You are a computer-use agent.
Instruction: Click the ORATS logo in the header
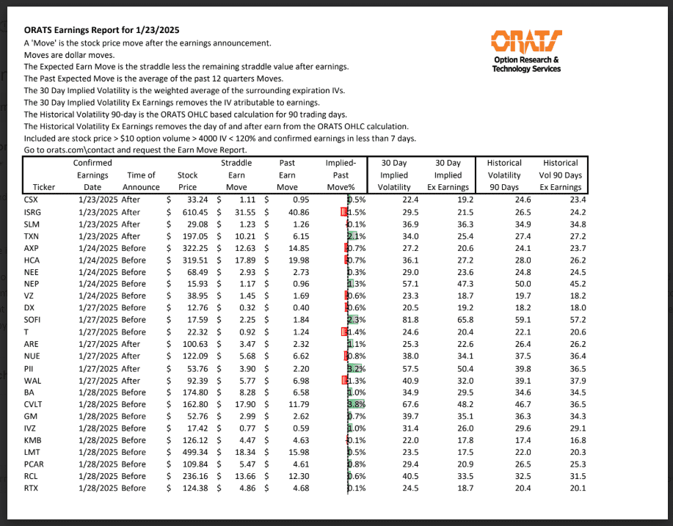click(526, 50)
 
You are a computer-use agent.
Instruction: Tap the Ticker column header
click(44, 187)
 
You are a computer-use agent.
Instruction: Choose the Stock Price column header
click(187, 181)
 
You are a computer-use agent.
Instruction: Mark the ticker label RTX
click(32, 487)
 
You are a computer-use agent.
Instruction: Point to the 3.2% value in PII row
click(356, 368)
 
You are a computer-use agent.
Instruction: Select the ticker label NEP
click(32, 284)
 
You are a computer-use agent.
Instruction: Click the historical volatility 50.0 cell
click(503, 284)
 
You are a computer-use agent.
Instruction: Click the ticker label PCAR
click(34, 464)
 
